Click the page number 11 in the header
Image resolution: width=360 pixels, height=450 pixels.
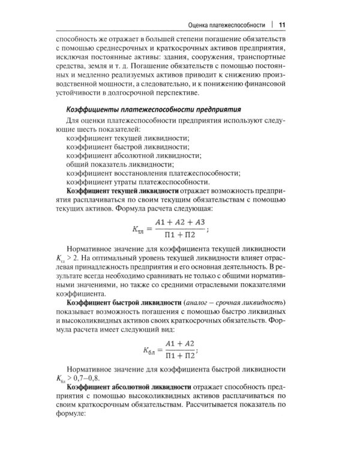point(282,25)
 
